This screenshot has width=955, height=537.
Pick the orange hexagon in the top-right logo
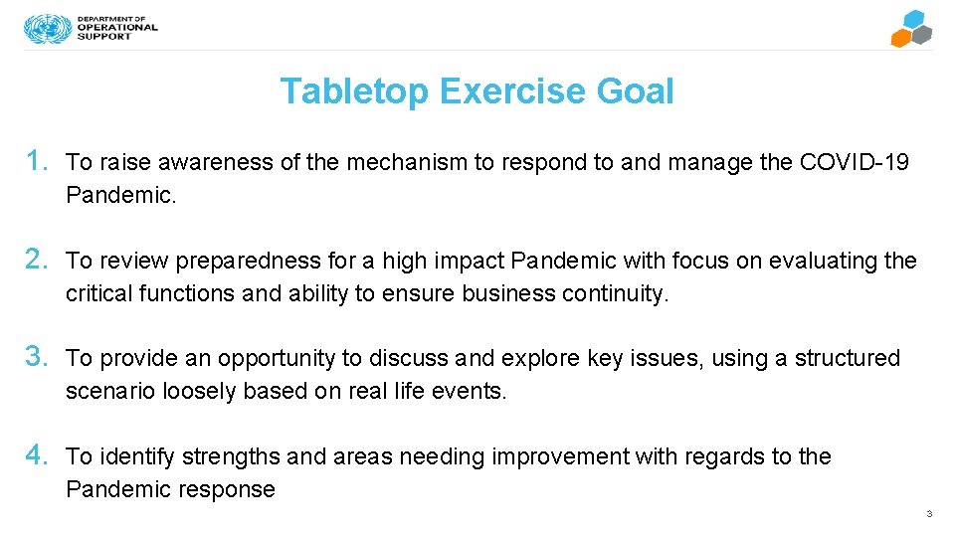pos(901,38)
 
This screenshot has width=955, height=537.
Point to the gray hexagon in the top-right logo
pos(922,35)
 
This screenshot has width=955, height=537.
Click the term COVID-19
pos(854,162)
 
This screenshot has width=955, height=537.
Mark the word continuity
pos(616,293)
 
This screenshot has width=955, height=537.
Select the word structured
pos(847,358)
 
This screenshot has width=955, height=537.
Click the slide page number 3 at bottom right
pos(928,514)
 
